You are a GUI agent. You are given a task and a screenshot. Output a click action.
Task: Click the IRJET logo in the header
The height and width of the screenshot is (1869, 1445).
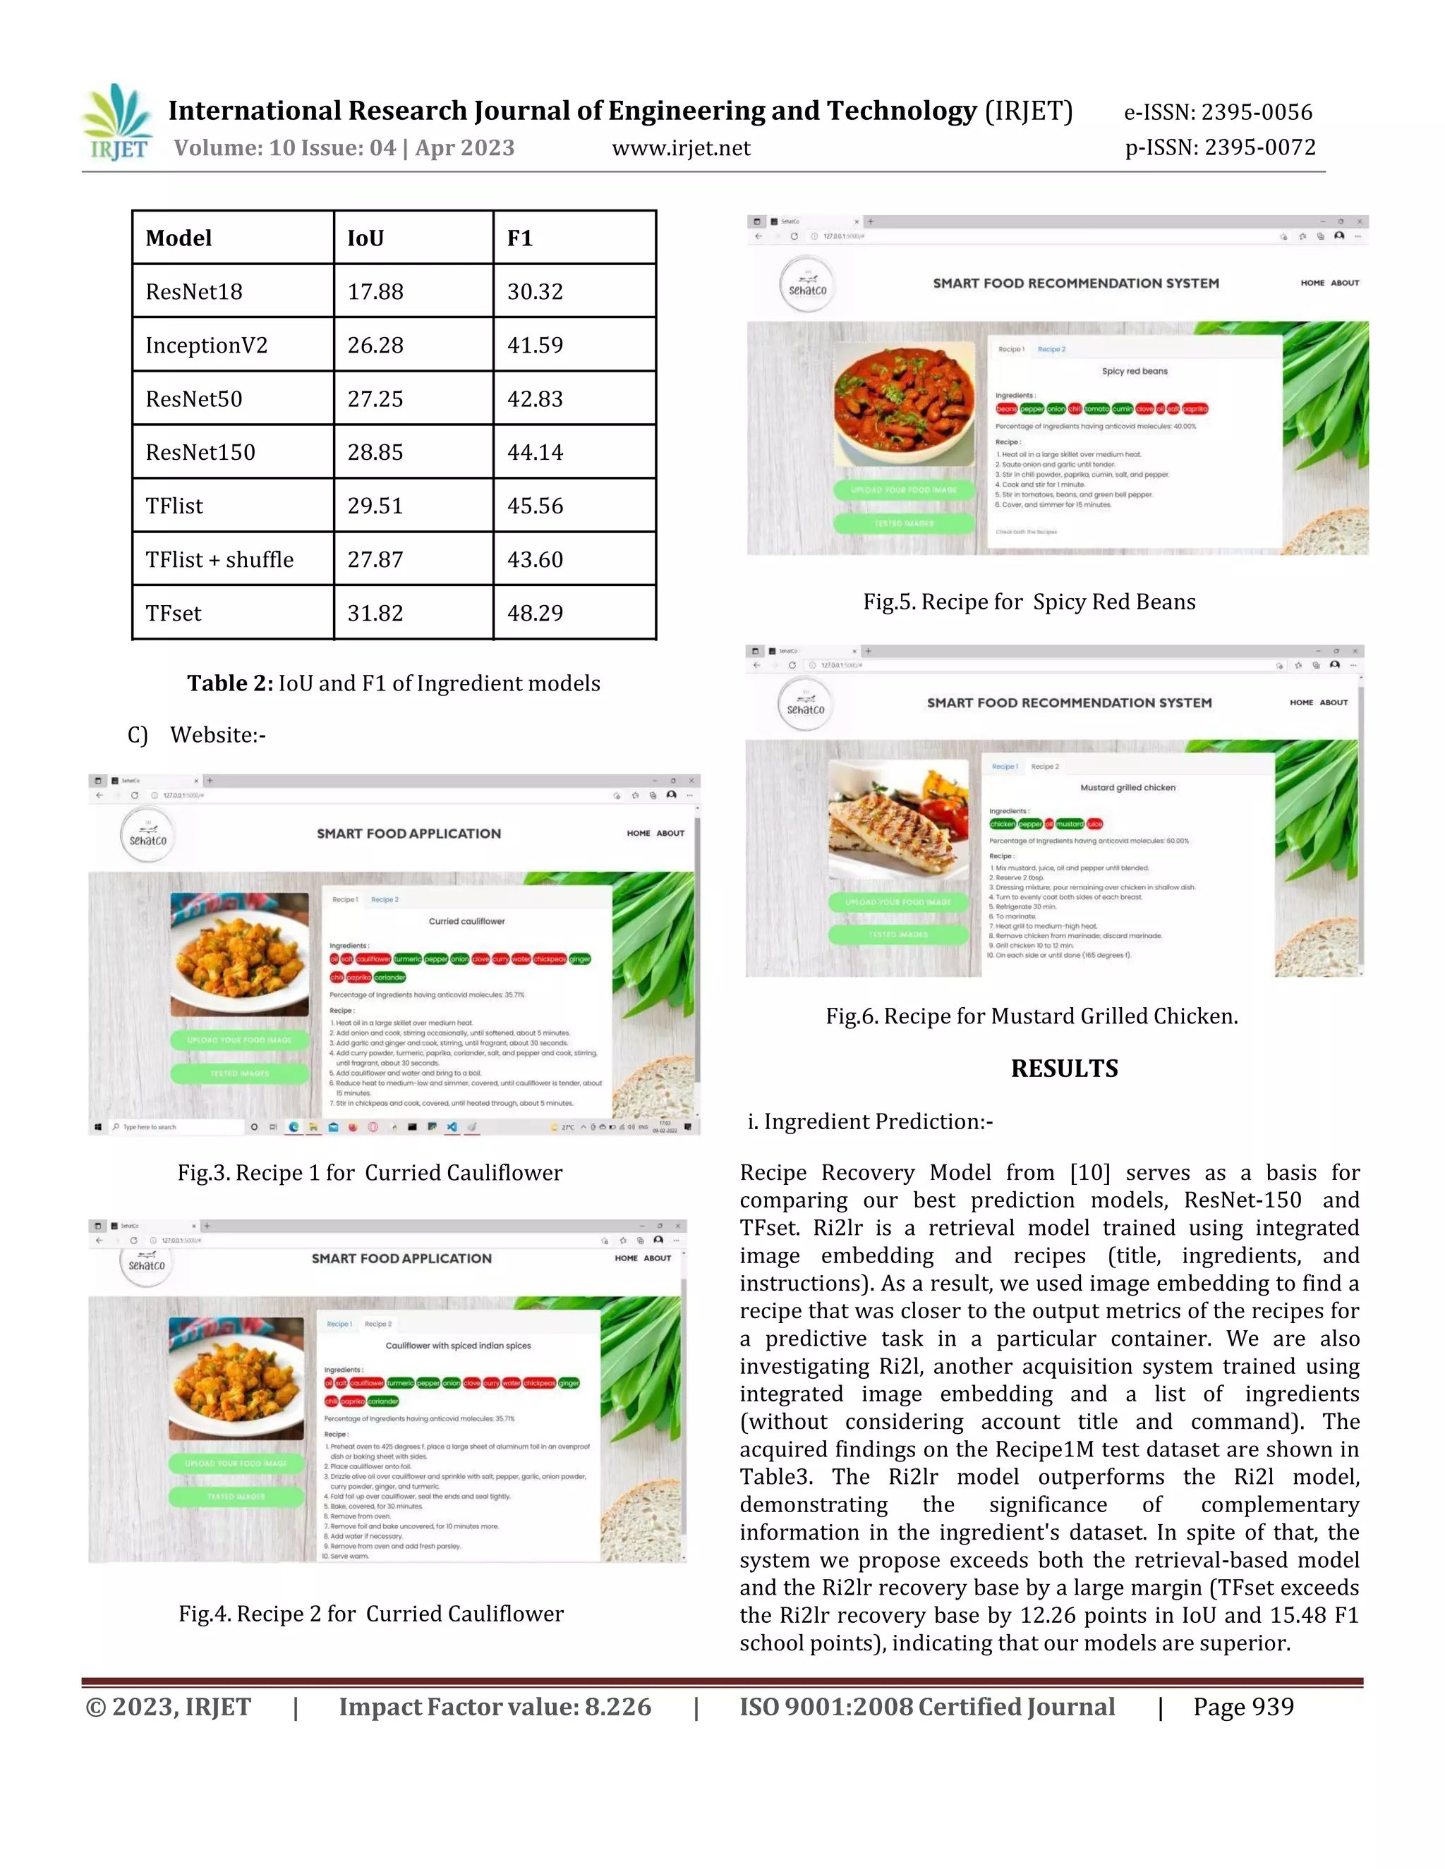(117, 123)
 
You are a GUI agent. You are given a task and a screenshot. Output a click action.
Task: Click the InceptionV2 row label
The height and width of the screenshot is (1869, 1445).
(206, 346)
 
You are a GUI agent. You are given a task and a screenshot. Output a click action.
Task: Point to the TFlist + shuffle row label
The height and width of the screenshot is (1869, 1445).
(219, 560)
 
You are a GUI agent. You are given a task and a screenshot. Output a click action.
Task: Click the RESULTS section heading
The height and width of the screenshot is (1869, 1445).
(1064, 1068)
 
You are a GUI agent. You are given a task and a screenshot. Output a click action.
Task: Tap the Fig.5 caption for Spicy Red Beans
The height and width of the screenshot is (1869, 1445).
(1029, 602)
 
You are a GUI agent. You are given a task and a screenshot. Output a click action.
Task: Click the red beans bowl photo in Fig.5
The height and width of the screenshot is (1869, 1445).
(904, 405)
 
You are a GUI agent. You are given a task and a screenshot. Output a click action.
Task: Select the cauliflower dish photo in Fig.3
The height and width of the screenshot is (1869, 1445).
(240, 954)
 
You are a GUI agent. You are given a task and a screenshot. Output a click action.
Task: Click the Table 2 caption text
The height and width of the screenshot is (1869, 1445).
(394, 683)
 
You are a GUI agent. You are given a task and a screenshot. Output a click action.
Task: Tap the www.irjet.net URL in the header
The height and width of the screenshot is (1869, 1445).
(681, 148)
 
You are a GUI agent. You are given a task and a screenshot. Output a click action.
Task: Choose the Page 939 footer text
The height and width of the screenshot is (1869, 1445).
(1243, 1707)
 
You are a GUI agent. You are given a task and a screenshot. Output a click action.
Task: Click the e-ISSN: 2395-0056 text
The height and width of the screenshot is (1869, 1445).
(1217, 112)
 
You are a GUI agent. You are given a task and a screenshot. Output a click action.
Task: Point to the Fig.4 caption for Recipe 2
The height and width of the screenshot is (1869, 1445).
(370, 1614)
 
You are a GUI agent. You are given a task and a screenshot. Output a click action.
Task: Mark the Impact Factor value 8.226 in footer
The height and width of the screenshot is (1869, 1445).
(495, 1707)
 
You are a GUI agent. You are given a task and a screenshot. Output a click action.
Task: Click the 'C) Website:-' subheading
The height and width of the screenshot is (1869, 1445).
(197, 735)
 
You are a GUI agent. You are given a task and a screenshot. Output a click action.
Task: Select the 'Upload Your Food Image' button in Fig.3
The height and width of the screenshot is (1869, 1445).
(240, 1040)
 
